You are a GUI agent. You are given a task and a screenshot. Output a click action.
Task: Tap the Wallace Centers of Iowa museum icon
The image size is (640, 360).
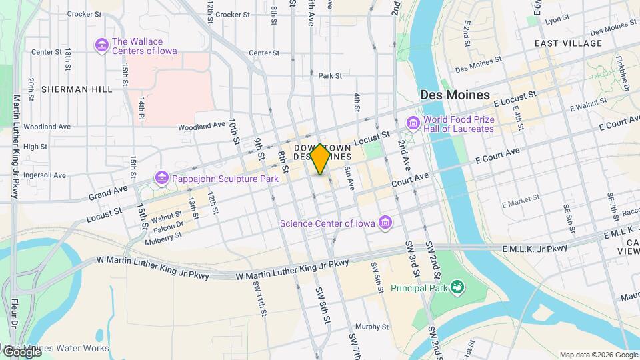point(101,45)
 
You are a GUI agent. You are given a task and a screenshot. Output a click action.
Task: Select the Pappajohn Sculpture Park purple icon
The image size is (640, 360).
point(161,178)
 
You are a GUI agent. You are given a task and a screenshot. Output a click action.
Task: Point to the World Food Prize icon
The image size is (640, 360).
point(413,123)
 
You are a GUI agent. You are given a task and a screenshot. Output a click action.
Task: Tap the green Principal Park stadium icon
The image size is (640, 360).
point(457,287)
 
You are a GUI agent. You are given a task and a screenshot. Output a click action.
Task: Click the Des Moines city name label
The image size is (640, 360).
point(455,95)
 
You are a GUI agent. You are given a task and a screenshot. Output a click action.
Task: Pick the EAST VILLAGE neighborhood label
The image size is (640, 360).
point(568,43)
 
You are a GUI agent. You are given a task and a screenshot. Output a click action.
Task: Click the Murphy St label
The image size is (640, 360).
point(371,327)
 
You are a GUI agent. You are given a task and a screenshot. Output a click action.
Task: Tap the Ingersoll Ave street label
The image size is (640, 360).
point(45,175)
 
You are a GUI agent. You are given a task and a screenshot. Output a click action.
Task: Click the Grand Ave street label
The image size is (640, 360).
point(107,193)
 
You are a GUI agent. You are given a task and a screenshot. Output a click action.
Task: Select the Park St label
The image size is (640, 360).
point(330,76)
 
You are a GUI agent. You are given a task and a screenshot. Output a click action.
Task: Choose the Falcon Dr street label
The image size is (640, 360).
point(167,225)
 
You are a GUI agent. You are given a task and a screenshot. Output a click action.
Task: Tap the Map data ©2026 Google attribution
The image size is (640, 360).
point(598,355)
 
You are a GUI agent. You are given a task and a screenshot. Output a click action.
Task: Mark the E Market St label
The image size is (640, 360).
point(520,201)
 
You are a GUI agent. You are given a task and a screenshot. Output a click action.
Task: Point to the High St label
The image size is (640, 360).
point(35,147)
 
